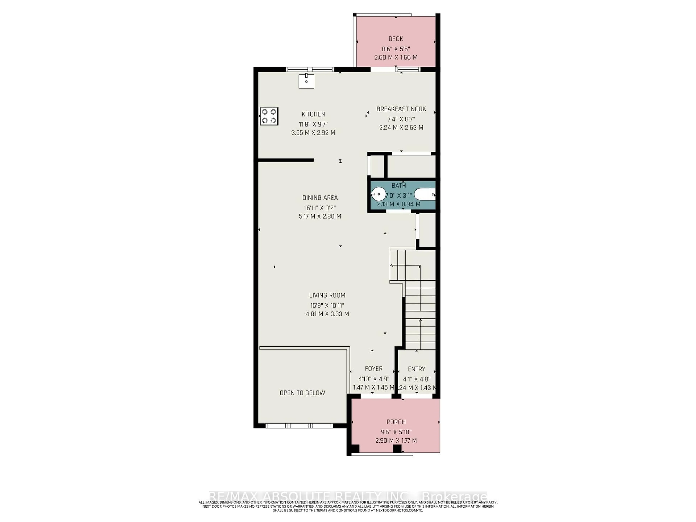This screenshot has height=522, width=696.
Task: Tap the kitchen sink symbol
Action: coord(306,82)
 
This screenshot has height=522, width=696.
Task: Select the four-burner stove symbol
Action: coord(269,116)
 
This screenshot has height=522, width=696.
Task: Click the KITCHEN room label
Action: coord(313,114)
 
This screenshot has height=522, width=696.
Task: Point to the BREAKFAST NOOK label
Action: coord(401,109)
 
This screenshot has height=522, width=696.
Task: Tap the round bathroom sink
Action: coord(378,194)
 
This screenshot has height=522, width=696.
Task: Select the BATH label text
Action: coord(399,186)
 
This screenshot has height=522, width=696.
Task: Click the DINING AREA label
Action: coord(320,198)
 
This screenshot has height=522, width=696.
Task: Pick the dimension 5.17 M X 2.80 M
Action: coord(320,216)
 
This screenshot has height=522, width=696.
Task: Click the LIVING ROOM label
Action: coord(327,295)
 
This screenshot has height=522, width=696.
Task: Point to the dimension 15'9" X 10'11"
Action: coord(327,305)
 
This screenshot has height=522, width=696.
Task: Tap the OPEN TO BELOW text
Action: coord(302,393)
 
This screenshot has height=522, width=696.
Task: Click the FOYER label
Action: coord(374,369)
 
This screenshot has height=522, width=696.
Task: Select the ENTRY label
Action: coord(416,369)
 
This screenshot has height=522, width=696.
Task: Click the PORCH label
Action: coord(396,422)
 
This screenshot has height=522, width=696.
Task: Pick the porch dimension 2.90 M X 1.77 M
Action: coord(396,440)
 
